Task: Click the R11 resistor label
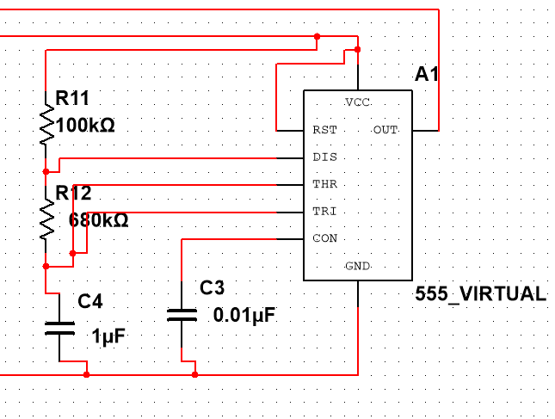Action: point(72,98)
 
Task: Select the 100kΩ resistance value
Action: point(85,126)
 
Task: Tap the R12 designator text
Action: point(74,193)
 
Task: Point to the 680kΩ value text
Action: point(98,220)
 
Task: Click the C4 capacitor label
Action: point(89,301)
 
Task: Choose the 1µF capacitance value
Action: point(108,336)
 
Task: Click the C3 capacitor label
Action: point(212,287)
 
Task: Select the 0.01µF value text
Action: point(244,315)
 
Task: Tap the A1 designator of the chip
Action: point(427,74)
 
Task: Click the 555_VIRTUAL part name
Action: point(481,293)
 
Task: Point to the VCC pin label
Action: point(357,102)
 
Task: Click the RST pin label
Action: point(325,130)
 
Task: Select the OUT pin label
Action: point(385,130)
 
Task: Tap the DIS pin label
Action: point(325,157)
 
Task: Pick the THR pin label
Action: point(325,184)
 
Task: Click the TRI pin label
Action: point(324,212)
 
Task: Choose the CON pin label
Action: point(325,238)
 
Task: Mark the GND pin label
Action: point(357,266)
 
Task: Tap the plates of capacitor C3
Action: point(182,315)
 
